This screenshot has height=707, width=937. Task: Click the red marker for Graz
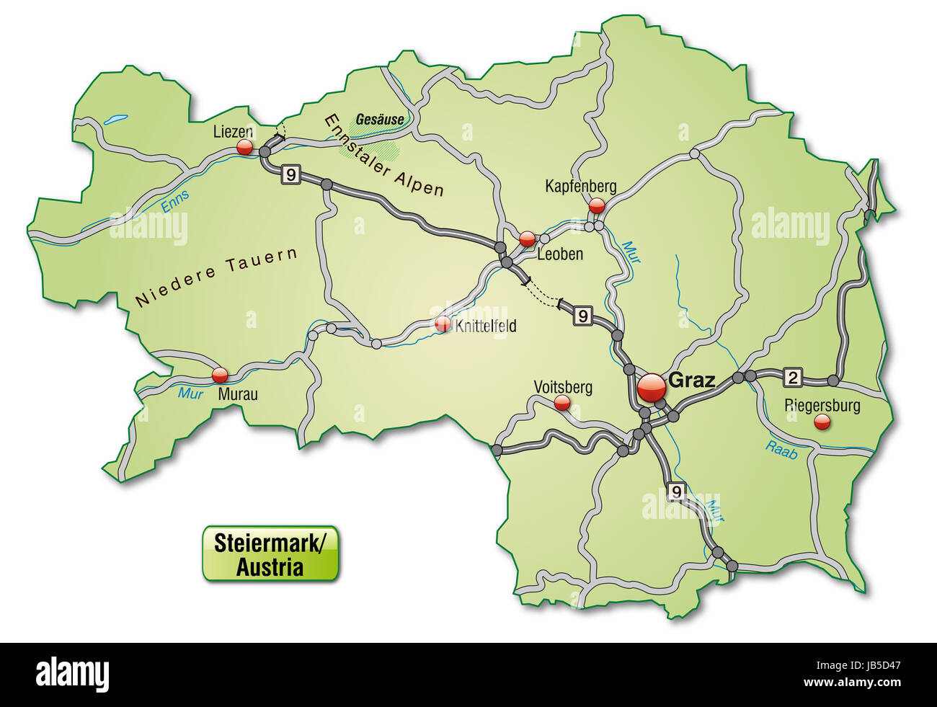pos(651,388)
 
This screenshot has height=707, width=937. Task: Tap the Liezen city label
pos(233,132)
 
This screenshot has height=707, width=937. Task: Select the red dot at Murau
pos(220,375)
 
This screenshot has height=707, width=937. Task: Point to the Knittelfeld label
pos(486,326)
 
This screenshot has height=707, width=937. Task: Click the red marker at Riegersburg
pos(821,422)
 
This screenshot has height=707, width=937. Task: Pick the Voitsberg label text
pos(563,387)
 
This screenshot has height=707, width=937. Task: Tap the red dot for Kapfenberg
pos(597,205)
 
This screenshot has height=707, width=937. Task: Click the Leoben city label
pos(560,254)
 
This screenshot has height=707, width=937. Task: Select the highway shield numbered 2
pos(793,376)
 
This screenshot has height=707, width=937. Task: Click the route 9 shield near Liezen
pos(290,173)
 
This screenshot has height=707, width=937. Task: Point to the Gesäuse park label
pos(379,120)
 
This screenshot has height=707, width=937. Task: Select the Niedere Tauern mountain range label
pos(216,280)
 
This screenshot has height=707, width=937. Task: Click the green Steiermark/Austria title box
pos(270,553)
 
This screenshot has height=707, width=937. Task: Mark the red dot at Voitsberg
pos(562,404)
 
